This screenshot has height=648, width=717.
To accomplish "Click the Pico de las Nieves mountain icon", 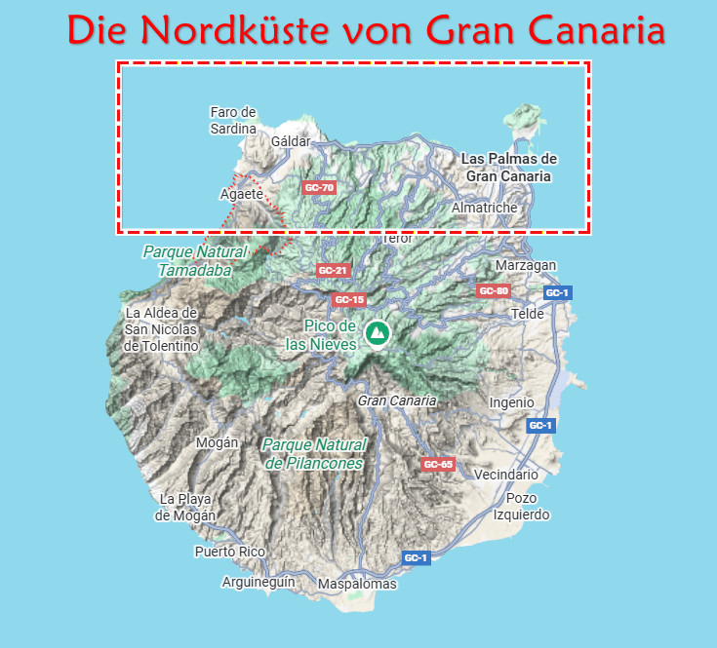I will pyautogui.click(x=377, y=333).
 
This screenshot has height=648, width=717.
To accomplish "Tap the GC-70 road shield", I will pyautogui.click(x=319, y=187).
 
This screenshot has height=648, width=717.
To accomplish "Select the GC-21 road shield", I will pyautogui.click(x=333, y=270).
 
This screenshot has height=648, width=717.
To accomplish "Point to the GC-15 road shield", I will pyautogui.click(x=348, y=299).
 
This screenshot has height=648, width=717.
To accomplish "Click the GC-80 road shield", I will pyautogui.click(x=493, y=290).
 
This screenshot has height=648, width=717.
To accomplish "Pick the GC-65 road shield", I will pyautogui.click(x=438, y=464).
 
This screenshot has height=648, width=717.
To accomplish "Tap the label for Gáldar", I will pyautogui.click(x=291, y=141).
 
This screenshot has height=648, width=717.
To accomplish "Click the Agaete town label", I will pyautogui.click(x=242, y=194).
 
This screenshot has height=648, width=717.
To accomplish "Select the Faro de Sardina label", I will pyautogui.click(x=233, y=120).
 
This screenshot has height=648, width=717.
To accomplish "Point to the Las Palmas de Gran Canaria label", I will pyautogui.click(x=508, y=168).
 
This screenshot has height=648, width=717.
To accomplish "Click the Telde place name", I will pyautogui.click(x=528, y=314).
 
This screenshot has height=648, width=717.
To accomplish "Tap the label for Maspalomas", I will pyautogui.click(x=358, y=584).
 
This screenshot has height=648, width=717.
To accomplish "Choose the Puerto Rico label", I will pyautogui.click(x=230, y=552).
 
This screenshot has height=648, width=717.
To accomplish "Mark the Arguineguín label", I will pyautogui.click(x=259, y=582).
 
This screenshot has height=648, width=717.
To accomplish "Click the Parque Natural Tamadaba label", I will pyautogui.click(x=194, y=260).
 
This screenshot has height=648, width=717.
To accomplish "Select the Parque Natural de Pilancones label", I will pyautogui.click(x=314, y=454).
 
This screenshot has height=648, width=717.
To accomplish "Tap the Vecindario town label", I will pyautogui.click(x=505, y=475).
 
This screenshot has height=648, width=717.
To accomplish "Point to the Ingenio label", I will pyautogui.click(x=511, y=401).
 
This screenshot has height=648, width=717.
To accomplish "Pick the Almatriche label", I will pyautogui.click(x=485, y=208).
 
